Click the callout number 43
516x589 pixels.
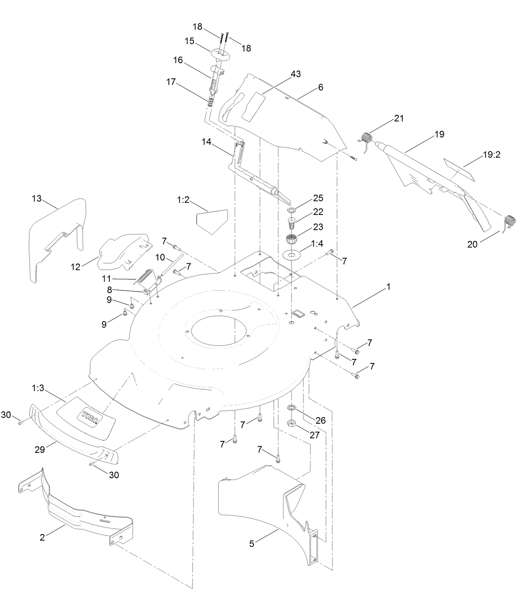(x=295, y=74)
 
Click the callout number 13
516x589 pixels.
(x=37, y=198)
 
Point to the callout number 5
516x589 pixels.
(x=251, y=544)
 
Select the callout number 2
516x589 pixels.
(x=42, y=537)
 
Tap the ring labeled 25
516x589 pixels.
(x=292, y=210)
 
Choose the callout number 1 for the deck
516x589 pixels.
(x=388, y=287)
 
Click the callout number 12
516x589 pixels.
(x=75, y=267)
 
